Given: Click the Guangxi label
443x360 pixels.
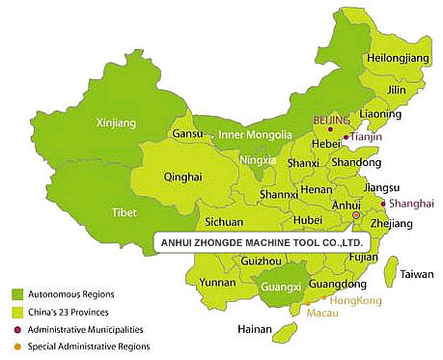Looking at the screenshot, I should [x=277, y=286].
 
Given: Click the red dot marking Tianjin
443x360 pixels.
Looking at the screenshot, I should [x=346, y=138].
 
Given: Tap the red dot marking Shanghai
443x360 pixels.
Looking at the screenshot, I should [x=383, y=204].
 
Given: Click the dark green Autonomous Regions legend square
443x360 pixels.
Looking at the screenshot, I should [x=16, y=293].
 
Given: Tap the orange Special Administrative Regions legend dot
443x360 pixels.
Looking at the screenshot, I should [x=16, y=346].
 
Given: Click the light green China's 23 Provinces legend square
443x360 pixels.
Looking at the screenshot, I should [x=16, y=311].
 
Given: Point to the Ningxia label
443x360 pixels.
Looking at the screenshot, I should [x=258, y=160].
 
